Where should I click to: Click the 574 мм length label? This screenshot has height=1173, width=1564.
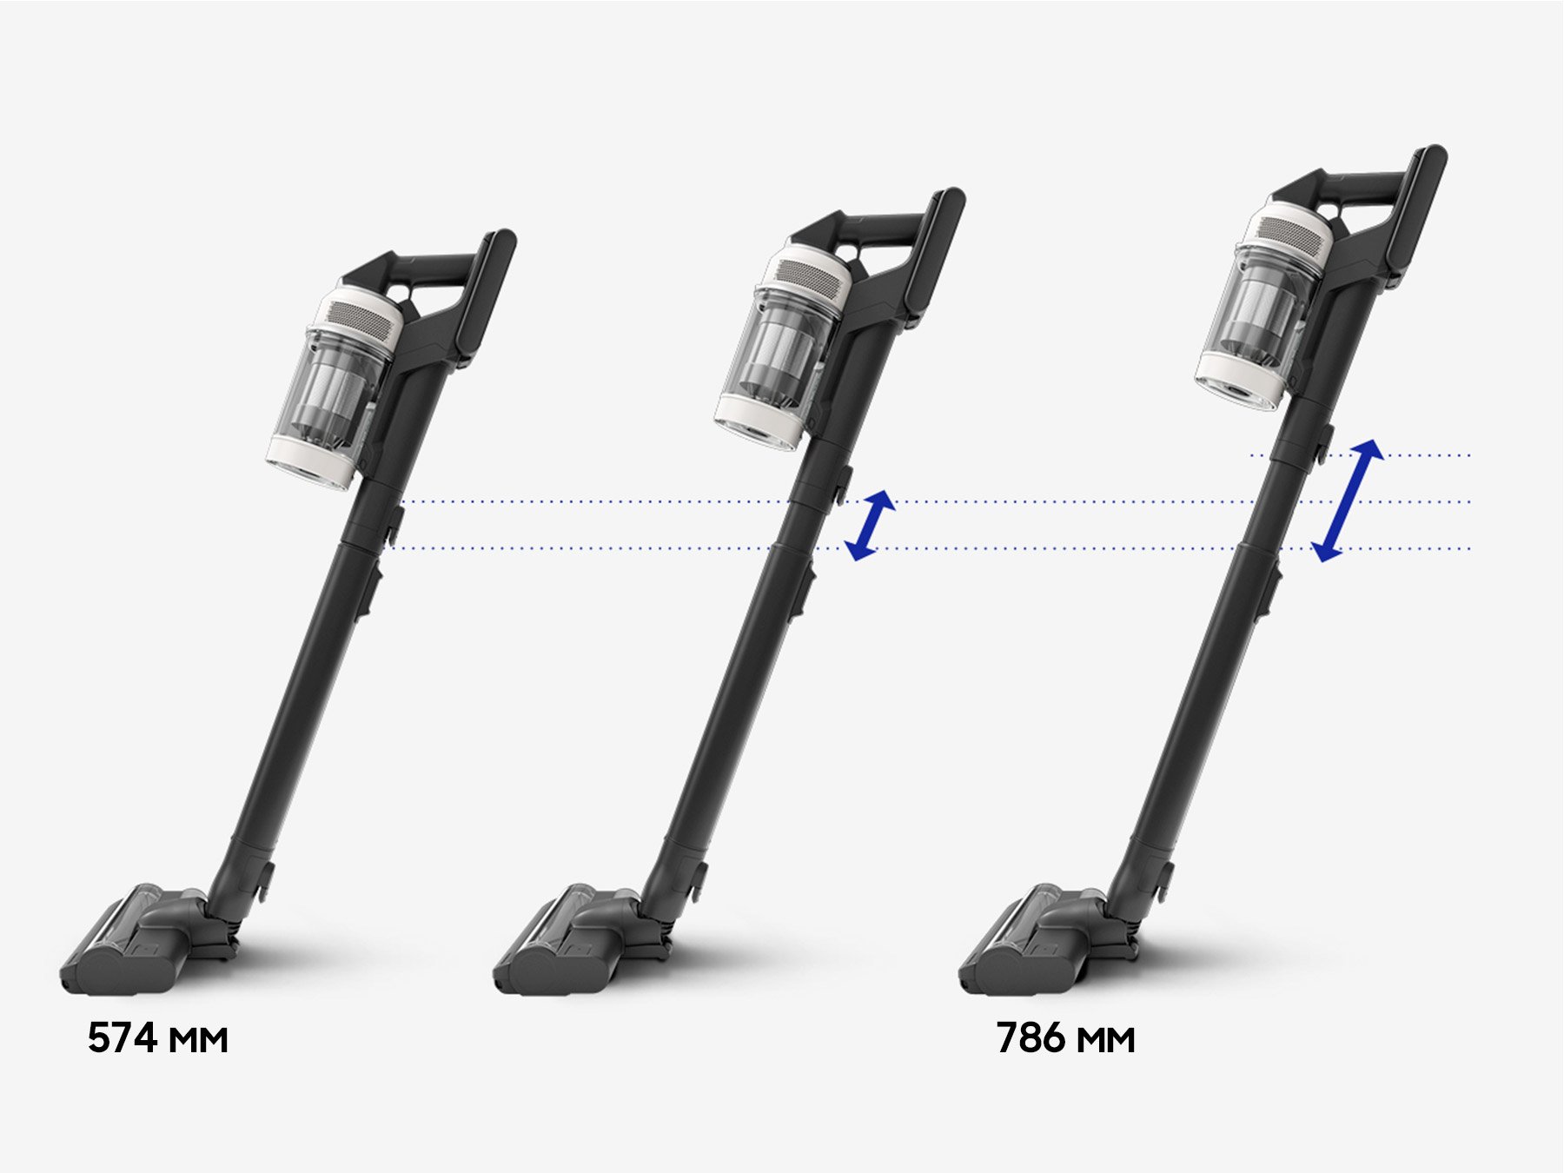(157, 1038)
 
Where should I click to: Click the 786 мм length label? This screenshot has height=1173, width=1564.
(1065, 1038)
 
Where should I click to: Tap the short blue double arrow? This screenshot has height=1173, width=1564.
(870, 525)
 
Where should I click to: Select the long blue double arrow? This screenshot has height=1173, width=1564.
(1347, 500)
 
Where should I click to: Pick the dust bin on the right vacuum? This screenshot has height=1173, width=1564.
(1263, 305)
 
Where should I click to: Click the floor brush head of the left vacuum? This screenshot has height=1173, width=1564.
(148, 938)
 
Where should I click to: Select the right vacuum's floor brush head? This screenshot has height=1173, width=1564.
(1047, 938)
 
